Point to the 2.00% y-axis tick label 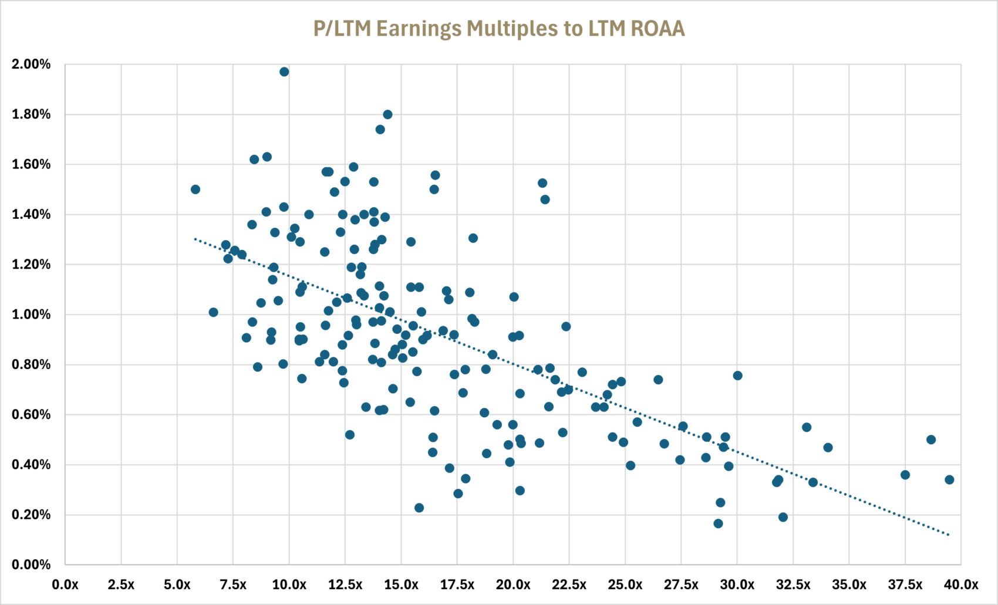click(x=31, y=65)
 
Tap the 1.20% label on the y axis click(x=31, y=265)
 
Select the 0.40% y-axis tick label click(x=31, y=465)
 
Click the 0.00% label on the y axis click(x=31, y=565)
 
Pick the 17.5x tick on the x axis click(x=457, y=585)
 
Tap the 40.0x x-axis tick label click(x=960, y=585)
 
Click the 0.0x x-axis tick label click(x=65, y=585)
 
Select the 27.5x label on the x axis click(x=681, y=585)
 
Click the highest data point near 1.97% click(x=284, y=72)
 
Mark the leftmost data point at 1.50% click(x=195, y=190)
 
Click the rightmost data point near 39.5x click(x=949, y=480)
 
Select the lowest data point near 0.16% click(x=718, y=523)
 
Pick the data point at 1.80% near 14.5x click(x=387, y=114)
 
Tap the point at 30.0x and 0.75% click(x=738, y=376)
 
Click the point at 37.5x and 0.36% click(x=905, y=475)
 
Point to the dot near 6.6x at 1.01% click(x=213, y=312)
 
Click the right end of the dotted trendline click(x=949, y=535)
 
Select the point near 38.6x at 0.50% click(x=931, y=440)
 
